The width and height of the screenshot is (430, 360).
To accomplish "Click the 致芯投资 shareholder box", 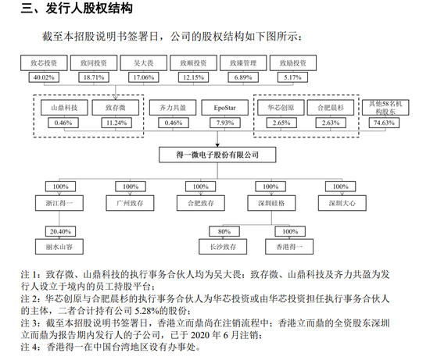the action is tap(44, 62).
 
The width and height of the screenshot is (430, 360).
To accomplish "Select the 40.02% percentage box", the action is tap(44, 77).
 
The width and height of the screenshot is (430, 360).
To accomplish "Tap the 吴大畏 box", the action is tap(143, 62).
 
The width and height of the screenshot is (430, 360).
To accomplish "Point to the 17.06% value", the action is tap(143, 77).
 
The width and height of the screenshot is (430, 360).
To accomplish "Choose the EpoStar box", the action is tap(225, 108).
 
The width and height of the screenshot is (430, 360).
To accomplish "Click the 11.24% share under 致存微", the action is tap(116, 123).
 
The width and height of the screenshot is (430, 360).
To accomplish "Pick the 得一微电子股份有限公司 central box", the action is tap(217, 155).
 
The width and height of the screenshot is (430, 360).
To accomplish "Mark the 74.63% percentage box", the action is tap(384, 123).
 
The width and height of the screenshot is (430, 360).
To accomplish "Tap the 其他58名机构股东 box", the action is tap(385, 108).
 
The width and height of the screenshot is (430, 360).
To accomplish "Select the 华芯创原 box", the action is tap(281, 108).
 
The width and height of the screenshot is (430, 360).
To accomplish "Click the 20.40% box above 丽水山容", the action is tap(60, 231).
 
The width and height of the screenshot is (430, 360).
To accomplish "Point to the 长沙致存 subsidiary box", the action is tap(223, 247).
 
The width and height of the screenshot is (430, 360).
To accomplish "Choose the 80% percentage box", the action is tap(224, 231).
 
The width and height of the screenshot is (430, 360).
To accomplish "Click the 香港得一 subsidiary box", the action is tap(289, 247).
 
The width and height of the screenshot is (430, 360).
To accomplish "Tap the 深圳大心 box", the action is tap(342, 203).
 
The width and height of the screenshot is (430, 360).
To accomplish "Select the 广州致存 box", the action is tap(130, 203).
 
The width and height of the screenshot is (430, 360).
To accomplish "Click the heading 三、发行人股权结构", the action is tap(77, 9).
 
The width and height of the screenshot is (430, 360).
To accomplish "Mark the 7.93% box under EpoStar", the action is tap(225, 123).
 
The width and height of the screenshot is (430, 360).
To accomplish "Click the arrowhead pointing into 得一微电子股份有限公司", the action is tap(217, 144).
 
